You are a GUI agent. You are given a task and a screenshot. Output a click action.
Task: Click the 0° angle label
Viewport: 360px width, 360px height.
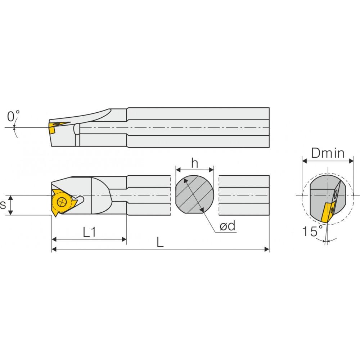click(x=13, y=116)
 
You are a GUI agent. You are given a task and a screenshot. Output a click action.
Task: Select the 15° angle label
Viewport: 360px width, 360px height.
click(x=312, y=231)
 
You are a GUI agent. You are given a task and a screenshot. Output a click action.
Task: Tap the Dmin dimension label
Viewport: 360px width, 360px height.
click(x=328, y=153)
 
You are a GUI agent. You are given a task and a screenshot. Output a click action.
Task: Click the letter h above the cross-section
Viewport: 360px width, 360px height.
click(x=194, y=163)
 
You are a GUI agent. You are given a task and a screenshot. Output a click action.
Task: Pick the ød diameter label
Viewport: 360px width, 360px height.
click(x=228, y=226)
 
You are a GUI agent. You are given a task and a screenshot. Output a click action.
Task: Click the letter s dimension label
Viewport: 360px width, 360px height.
click(x=3, y=204)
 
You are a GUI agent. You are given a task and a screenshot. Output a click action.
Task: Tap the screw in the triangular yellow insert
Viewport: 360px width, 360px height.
click(x=62, y=202)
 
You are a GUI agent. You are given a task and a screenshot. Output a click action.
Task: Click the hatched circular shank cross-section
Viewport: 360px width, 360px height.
click(x=194, y=194)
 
